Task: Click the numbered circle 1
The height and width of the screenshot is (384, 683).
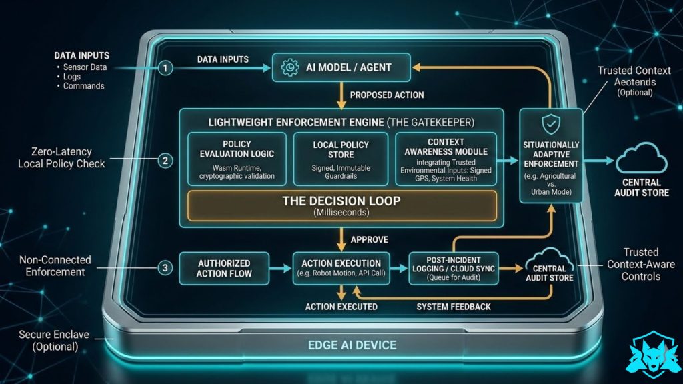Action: pos(165,68)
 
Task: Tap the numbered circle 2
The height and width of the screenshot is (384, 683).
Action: pos(165,161)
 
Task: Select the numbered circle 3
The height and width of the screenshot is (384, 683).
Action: pos(165,268)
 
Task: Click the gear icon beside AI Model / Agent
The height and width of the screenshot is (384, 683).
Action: pos(290,67)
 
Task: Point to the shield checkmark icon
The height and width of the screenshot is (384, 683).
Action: pos(551,125)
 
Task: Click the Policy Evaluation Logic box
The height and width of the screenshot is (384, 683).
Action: pos(237,159)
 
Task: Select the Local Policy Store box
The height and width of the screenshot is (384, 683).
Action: pos(341,159)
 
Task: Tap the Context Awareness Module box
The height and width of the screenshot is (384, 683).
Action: pos(446,159)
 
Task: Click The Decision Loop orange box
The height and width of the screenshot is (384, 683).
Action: pos(342,205)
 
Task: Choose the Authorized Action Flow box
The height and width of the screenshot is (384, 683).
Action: pos(224,269)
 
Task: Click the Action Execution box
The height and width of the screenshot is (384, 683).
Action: pos(341,269)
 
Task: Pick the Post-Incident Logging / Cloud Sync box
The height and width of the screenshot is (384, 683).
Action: pos(454,269)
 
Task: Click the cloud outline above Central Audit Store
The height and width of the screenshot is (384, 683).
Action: pos(642,159)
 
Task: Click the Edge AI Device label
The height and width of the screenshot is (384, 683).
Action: pos(352,345)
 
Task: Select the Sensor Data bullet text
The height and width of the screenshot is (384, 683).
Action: pos(85,67)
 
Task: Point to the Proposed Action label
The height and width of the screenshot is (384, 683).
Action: pos(387,95)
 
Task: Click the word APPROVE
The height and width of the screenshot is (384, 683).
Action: pos(370,240)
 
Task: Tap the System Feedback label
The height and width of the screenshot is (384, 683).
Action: pos(454,307)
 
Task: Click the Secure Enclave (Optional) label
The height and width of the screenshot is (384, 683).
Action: pos(54,341)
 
